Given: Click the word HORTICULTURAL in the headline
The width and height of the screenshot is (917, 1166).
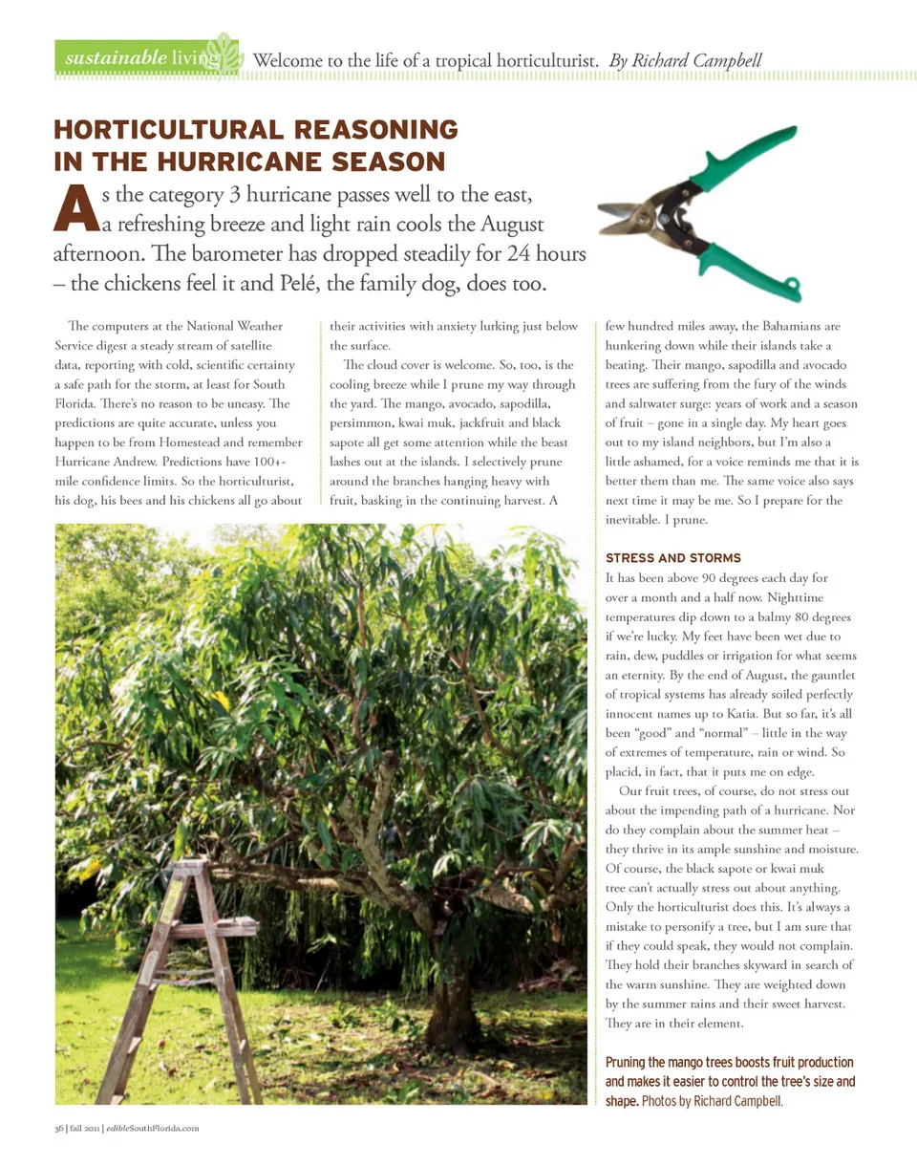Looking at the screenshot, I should coord(161,130).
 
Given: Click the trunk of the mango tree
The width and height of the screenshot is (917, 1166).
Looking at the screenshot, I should coord(449,1004).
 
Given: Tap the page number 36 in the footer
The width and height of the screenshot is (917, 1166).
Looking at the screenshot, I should coord(58,1129).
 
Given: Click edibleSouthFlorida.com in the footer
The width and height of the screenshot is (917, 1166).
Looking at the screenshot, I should coord(152,1129).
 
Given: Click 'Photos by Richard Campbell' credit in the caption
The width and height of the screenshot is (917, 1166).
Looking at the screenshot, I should coord(712,1102).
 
